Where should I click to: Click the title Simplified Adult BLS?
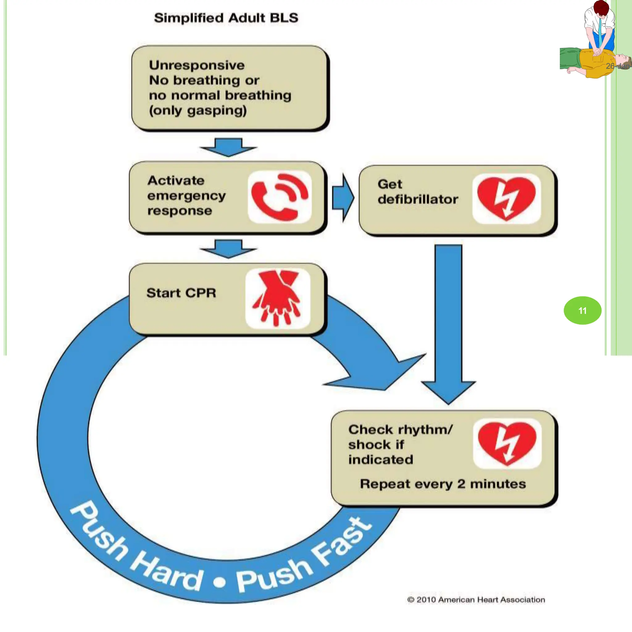(x=226, y=18)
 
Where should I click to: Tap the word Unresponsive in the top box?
(x=197, y=65)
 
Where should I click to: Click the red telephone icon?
(x=279, y=197)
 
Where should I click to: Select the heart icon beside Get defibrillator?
(x=506, y=198)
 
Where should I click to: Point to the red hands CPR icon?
(x=277, y=298)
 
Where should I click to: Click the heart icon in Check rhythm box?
(x=507, y=443)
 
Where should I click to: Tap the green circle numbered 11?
(x=582, y=310)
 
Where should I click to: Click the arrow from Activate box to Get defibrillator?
(x=343, y=198)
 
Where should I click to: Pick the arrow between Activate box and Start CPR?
(x=228, y=249)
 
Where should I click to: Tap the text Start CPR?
(x=181, y=293)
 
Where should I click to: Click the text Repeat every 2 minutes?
(x=443, y=484)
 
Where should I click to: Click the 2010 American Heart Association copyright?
(x=476, y=599)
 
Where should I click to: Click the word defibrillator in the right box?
(x=418, y=199)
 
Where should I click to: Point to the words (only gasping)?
(x=197, y=110)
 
